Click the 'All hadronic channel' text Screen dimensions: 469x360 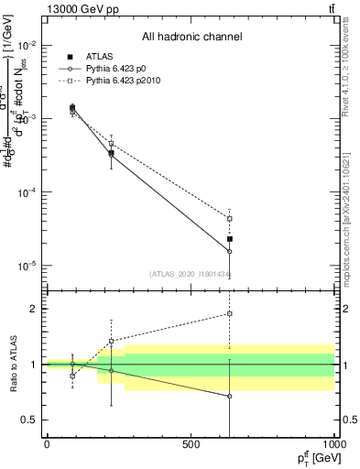click(x=191, y=38)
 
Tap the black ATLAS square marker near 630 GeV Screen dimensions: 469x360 click(x=229, y=239)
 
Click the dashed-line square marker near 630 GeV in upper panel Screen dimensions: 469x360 click(x=229, y=219)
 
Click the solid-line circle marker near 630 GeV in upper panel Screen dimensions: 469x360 click(x=229, y=251)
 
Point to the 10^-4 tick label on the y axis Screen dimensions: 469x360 click(x=28, y=192)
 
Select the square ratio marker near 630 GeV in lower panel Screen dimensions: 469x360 click(x=229, y=313)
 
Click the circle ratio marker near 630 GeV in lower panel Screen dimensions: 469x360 click(x=229, y=396)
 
